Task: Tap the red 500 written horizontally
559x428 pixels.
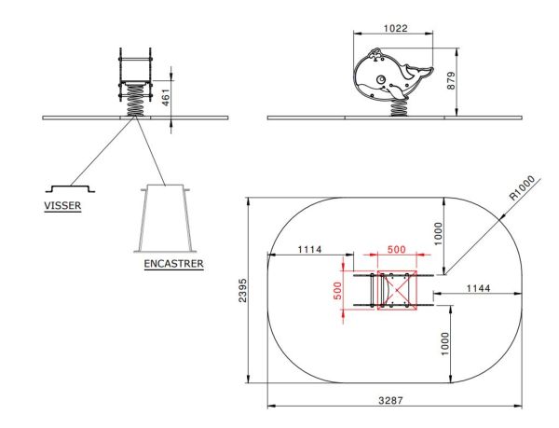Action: (396, 249)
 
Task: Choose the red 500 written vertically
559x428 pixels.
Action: (337, 290)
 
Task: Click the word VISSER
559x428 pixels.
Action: (61, 207)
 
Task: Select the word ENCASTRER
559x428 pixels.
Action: (173, 264)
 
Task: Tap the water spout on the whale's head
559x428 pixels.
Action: (374, 55)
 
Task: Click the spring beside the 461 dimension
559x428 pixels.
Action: (136, 101)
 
